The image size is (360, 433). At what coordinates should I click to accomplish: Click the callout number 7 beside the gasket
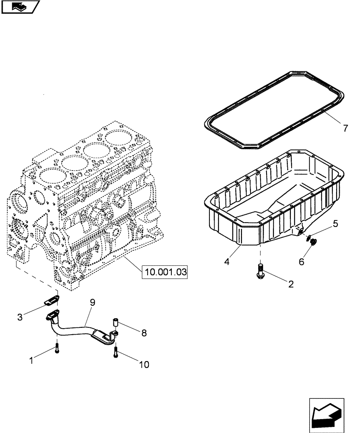(345, 128)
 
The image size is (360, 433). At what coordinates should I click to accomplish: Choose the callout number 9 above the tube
(93, 303)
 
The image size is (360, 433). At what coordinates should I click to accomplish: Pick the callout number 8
(144, 333)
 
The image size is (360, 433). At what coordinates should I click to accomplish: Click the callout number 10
(144, 365)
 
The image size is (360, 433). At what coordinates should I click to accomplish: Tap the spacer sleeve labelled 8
(116, 323)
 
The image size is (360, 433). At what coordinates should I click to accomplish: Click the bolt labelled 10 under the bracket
(116, 352)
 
